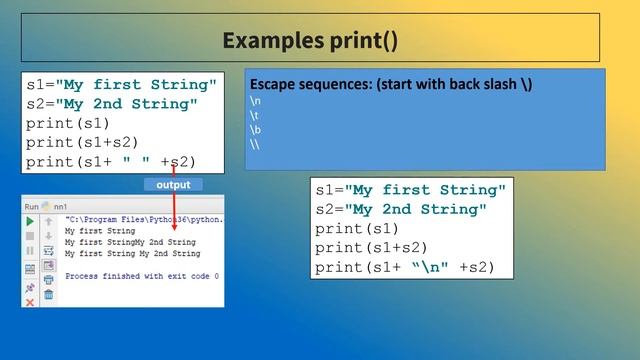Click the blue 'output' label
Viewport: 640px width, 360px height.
point(173,185)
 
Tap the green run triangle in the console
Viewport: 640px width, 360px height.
point(30,221)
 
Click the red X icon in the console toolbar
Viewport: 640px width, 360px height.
point(30,301)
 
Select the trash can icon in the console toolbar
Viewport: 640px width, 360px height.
point(48,295)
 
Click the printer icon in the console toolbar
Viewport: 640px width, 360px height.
point(48,280)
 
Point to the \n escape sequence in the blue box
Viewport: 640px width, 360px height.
point(254,102)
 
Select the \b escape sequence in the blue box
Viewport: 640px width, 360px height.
point(254,130)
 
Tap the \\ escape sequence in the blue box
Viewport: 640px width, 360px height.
point(254,144)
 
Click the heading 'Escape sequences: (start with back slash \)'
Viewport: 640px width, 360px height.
point(390,84)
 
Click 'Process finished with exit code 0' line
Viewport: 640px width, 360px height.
point(141,275)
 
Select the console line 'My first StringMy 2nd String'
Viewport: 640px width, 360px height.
point(130,242)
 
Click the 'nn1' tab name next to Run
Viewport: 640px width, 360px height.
point(61,205)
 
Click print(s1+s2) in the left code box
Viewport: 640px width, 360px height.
point(82,142)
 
